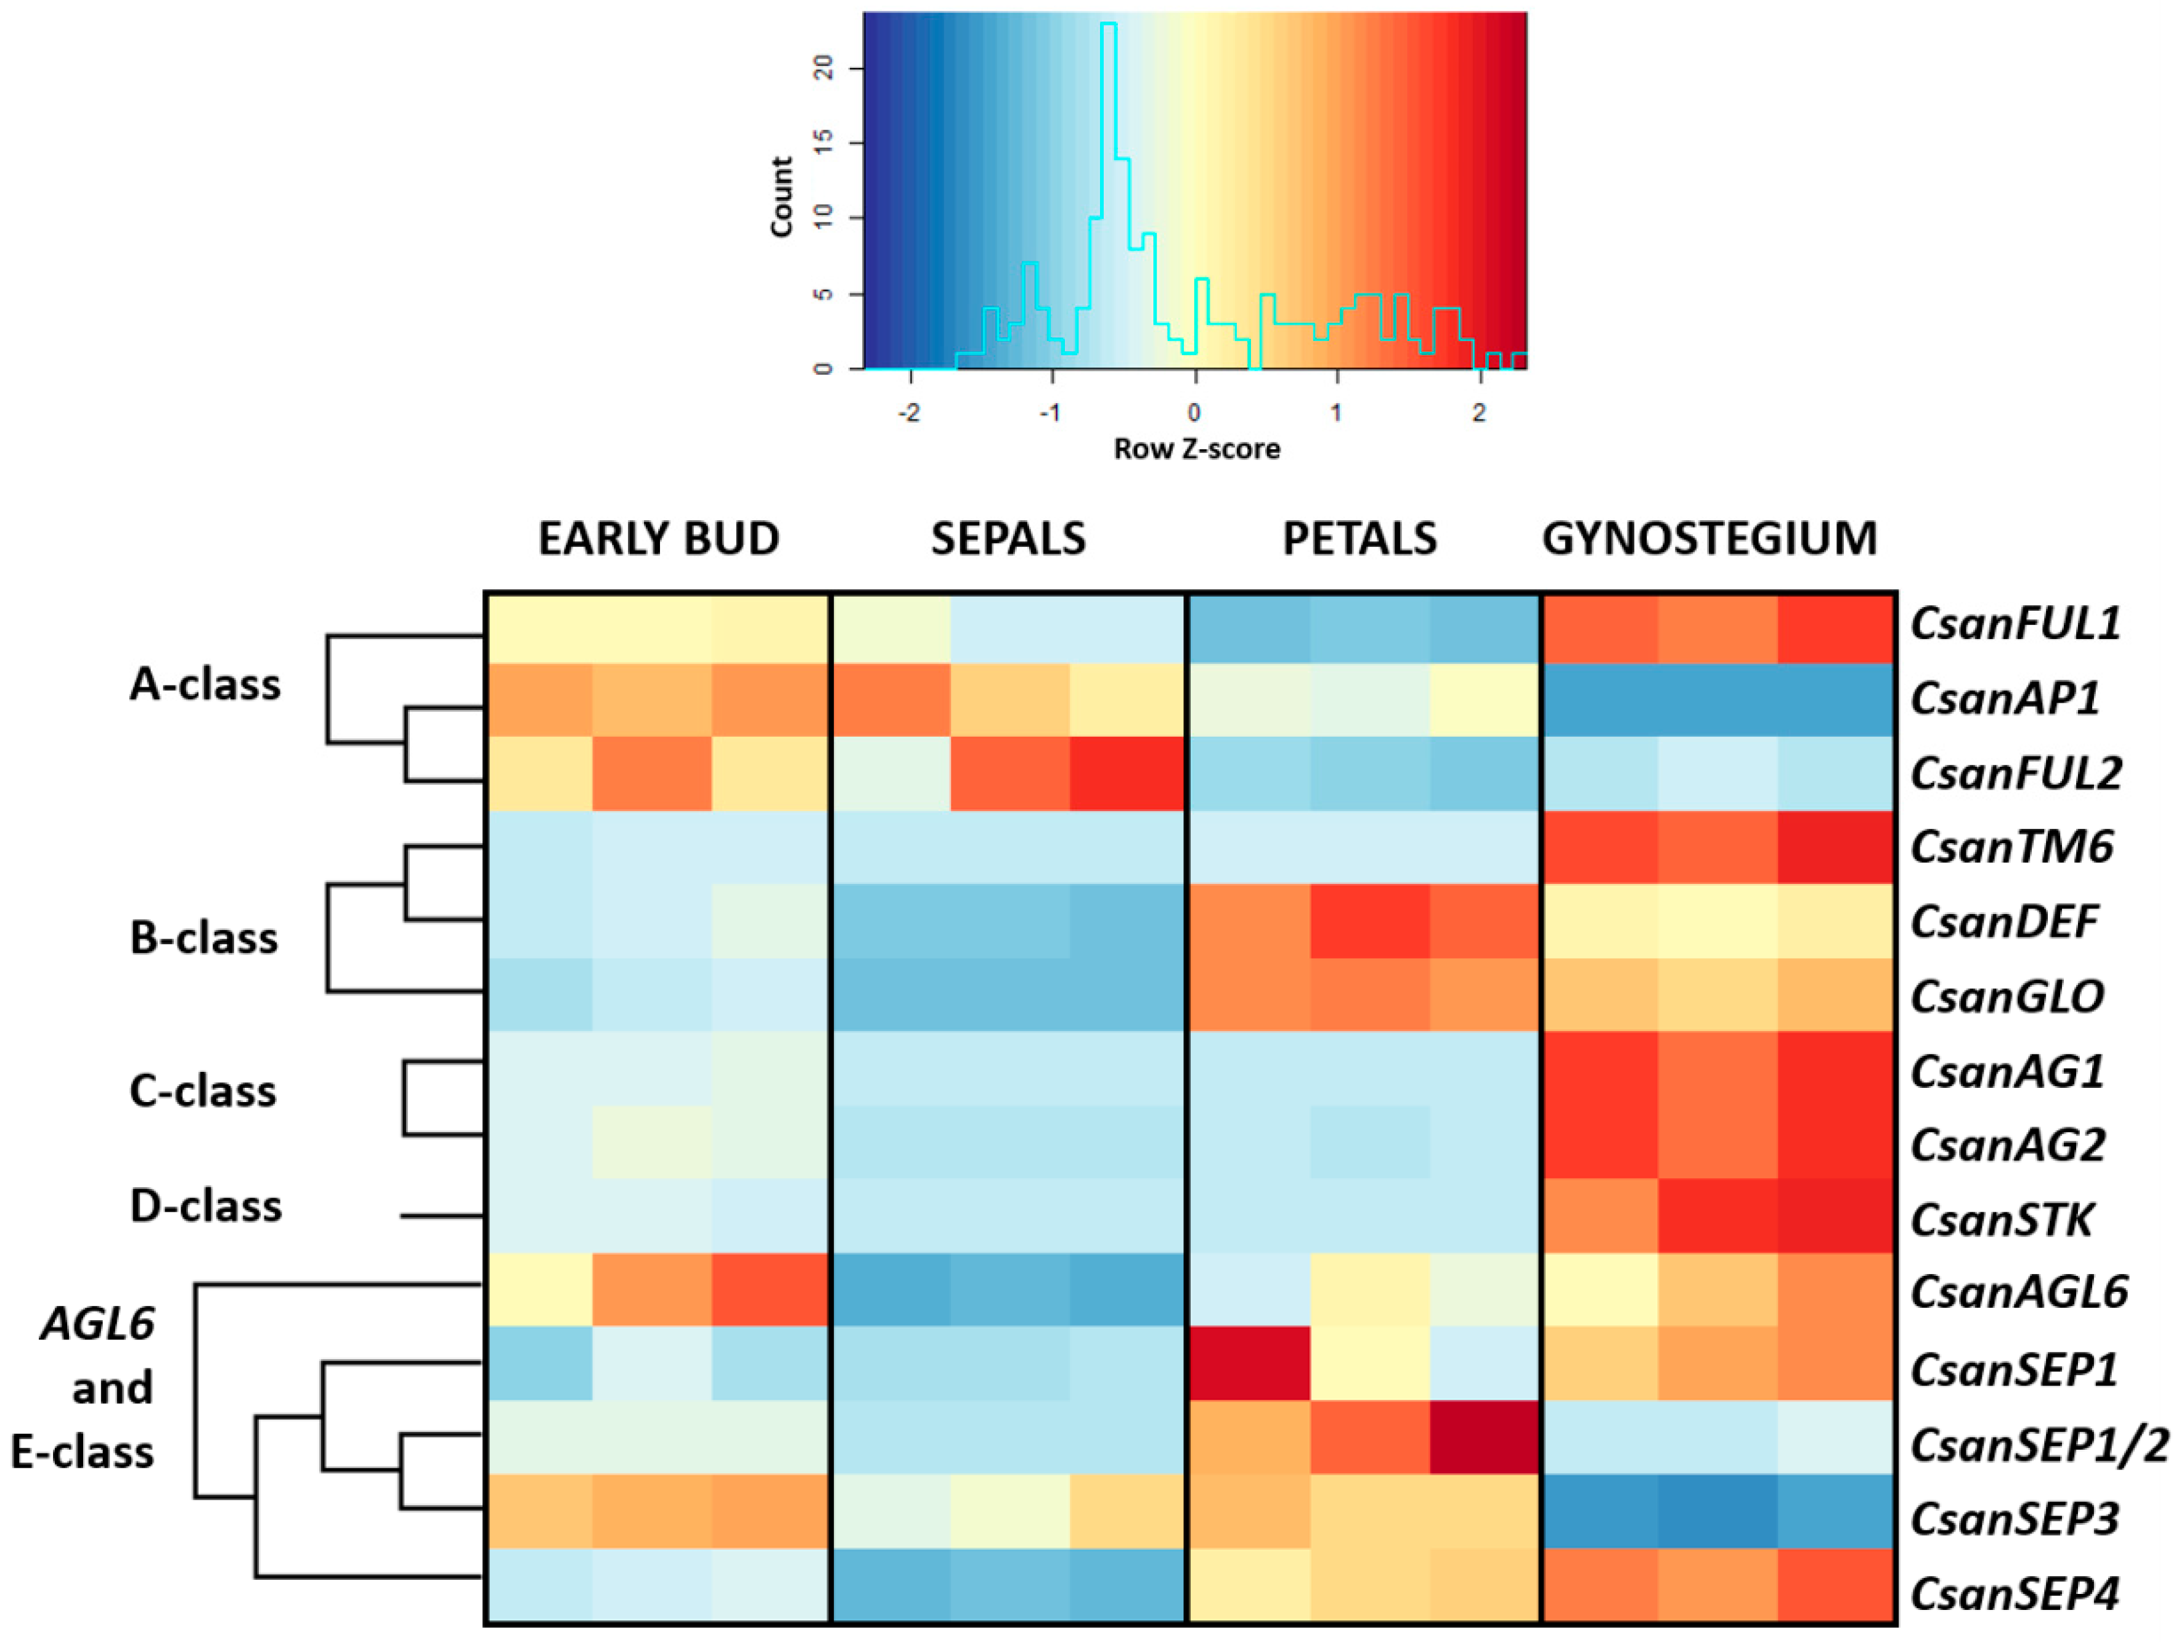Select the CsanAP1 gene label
2004,698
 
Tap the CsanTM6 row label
2011,846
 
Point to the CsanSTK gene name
2002,1219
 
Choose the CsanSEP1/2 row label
2039,1445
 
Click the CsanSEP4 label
2014,1593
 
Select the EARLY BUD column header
659,539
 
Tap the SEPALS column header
1008,539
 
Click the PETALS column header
1359,539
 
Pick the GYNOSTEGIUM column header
1709,539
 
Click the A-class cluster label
205,684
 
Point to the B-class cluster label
203,937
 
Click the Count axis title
781,197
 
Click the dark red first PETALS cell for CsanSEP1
1250,1363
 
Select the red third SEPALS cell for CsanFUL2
1127,773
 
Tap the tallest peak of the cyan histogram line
1109,23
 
